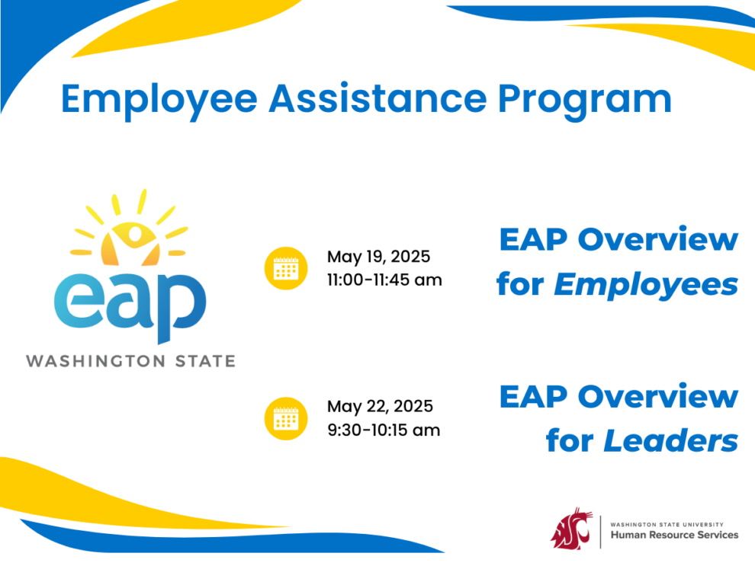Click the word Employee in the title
159,101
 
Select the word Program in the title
584,101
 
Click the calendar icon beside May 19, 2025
286,268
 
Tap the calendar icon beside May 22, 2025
286,418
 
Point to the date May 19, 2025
378,257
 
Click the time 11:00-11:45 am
384,280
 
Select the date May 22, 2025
380,407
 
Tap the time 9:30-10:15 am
384,430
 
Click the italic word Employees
646,285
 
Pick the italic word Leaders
671,441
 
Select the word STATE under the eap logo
205,361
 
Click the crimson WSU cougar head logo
571,528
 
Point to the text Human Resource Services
674,535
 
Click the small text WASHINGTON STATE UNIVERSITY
667,525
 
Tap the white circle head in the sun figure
135,234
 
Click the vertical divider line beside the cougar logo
600,532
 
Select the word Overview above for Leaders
657,397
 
